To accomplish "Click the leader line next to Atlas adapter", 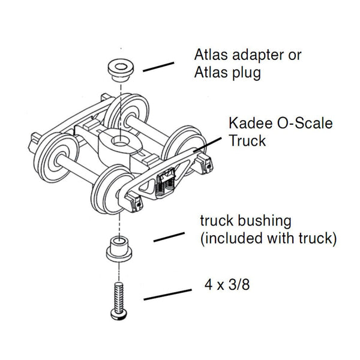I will (158, 66).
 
